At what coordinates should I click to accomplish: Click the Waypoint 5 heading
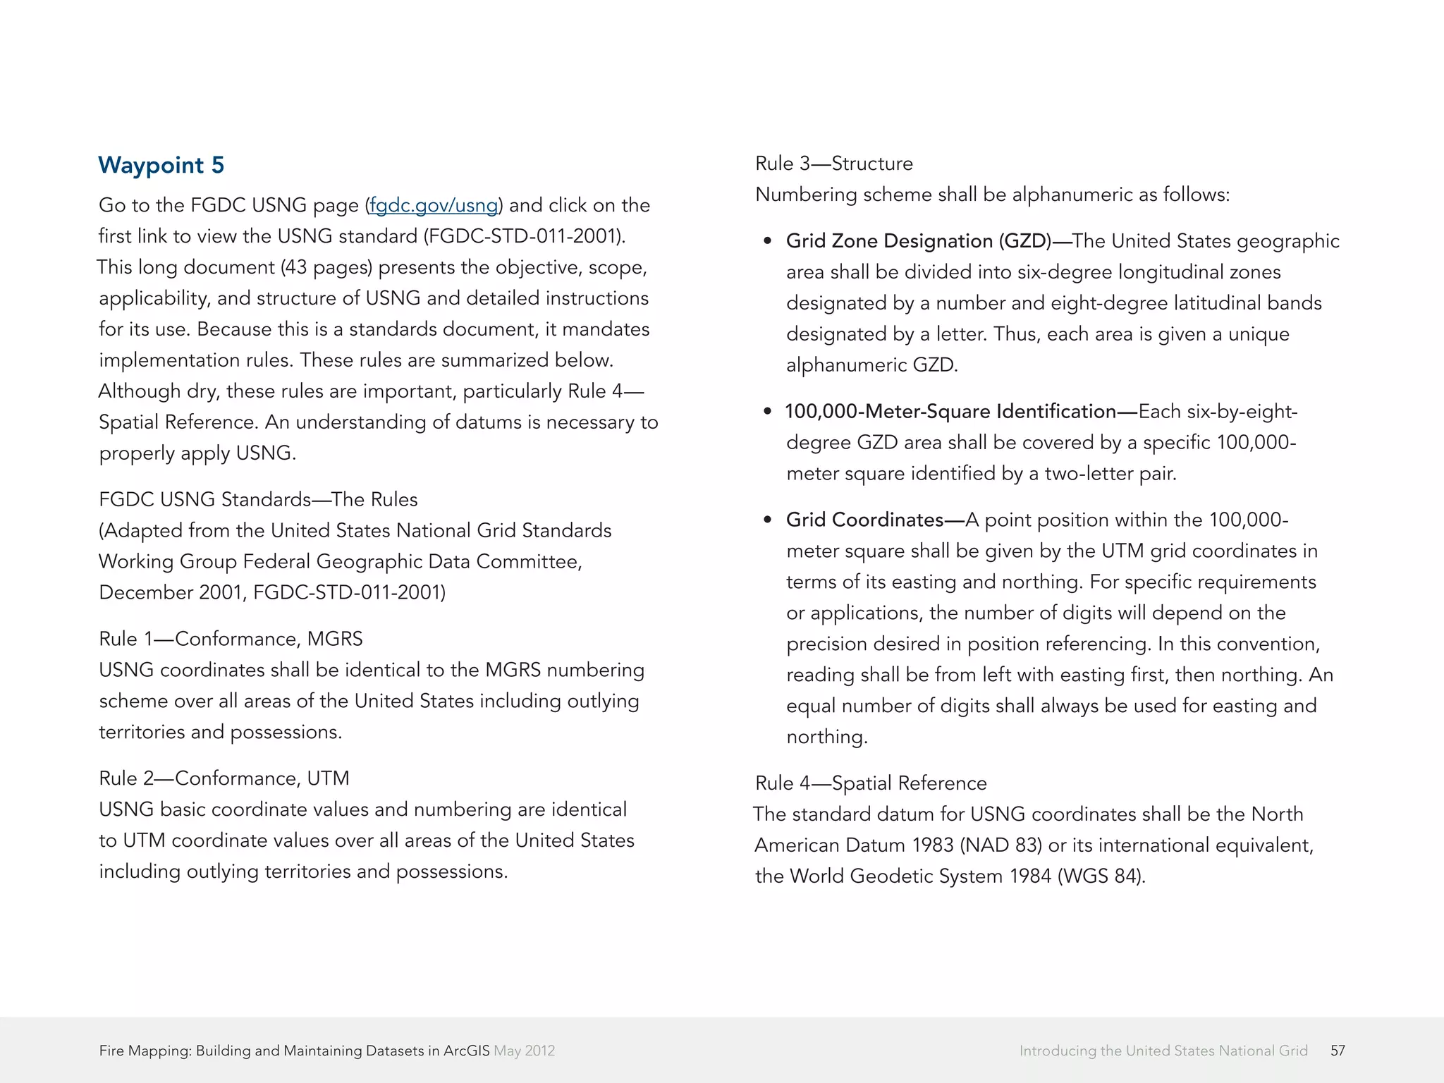pos(161,165)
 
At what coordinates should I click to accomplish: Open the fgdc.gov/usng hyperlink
pos(434,205)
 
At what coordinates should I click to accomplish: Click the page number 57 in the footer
pos(1338,1051)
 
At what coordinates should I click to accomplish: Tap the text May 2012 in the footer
pos(524,1051)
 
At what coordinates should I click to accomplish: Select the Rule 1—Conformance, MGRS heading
pos(231,639)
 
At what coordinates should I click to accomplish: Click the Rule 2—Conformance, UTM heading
pos(224,778)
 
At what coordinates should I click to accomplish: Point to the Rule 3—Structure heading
pos(833,164)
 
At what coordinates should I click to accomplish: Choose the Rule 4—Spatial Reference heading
pos(870,783)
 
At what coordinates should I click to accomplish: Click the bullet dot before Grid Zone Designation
pos(768,242)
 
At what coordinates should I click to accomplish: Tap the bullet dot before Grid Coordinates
pos(768,520)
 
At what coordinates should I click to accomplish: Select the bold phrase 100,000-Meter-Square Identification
pos(950,412)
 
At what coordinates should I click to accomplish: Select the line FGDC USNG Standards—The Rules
pos(258,499)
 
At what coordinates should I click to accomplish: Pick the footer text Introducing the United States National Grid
pos(1163,1051)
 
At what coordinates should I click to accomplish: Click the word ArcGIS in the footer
pos(466,1051)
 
